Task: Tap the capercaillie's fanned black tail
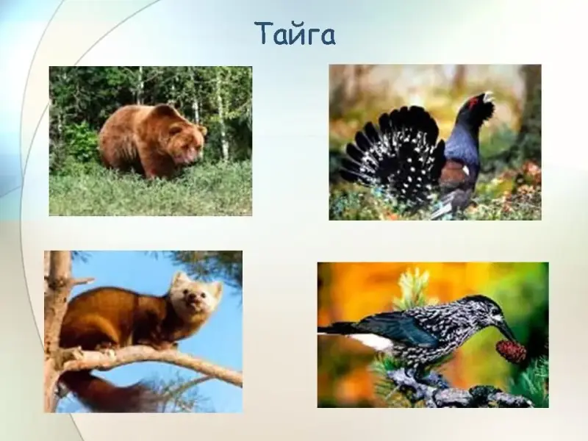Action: (x=395, y=153)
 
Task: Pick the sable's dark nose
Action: (x=193, y=299)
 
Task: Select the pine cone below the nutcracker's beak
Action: (x=511, y=351)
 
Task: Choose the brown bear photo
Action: (x=151, y=141)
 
